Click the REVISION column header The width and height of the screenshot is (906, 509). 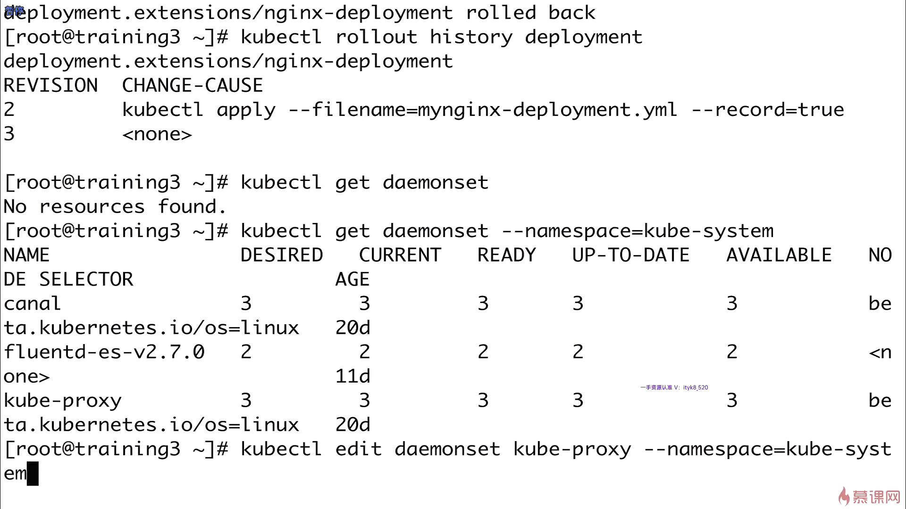(50, 86)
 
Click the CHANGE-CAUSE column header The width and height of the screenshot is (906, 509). (193, 86)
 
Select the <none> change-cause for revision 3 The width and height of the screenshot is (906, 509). (157, 134)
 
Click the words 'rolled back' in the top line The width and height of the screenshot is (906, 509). (530, 13)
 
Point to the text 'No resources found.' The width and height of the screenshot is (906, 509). (115, 207)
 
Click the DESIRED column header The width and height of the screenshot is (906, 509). (282, 255)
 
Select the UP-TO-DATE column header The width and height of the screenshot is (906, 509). (630, 255)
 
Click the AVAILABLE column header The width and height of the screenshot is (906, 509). (779, 255)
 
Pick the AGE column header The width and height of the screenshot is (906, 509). (352, 279)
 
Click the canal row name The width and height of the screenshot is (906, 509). (32, 304)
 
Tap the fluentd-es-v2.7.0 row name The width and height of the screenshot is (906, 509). (104, 352)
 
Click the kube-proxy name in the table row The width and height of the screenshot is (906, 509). (62, 401)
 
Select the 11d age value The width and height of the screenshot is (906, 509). (352, 377)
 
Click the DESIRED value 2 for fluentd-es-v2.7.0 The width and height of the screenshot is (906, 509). (246, 352)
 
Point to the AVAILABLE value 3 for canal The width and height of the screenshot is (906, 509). (731, 304)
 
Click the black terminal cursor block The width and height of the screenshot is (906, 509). (33, 473)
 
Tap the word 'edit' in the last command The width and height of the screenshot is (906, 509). (358, 449)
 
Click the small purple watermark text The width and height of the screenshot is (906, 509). (674, 387)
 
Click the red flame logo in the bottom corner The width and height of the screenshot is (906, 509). (844, 496)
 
